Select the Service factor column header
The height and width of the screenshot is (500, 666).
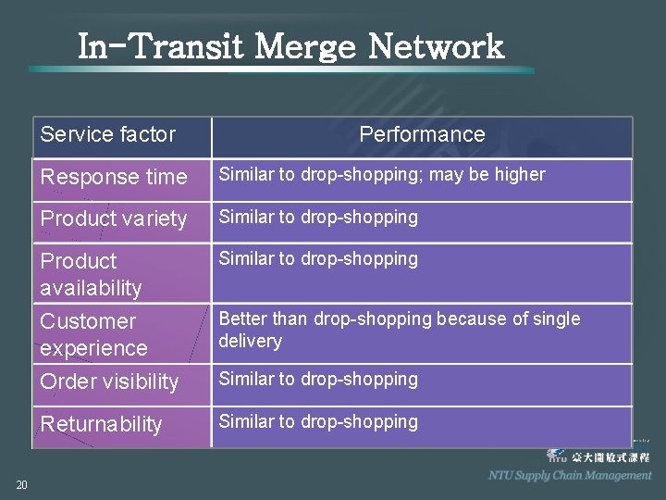tap(107, 134)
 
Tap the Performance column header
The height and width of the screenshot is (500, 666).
tap(422, 134)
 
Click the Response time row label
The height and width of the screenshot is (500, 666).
tap(113, 177)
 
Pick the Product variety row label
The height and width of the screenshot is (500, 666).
tap(113, 219)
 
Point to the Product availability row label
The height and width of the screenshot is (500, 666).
tap(91, 274)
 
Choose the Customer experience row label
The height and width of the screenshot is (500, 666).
tap(93, 334)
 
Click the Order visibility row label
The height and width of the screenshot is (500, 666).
tap(109, 381)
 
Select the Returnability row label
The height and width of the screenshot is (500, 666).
tap(101, 424)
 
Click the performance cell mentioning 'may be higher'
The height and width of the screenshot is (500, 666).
tap(381, 175)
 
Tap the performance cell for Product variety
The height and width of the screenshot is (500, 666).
tap(318, 218)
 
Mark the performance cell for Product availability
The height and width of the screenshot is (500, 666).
tap(318, 259)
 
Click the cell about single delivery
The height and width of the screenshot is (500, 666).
tap(399, 330)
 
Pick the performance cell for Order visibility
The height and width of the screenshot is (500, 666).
tap(318, 380)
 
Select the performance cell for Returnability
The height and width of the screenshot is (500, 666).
tap(318, 422)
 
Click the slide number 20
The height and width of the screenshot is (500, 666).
tap(21, 484)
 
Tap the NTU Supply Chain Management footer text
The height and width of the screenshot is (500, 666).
tap(570, 475)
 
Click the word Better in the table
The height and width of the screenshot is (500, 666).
tap(242, 319)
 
